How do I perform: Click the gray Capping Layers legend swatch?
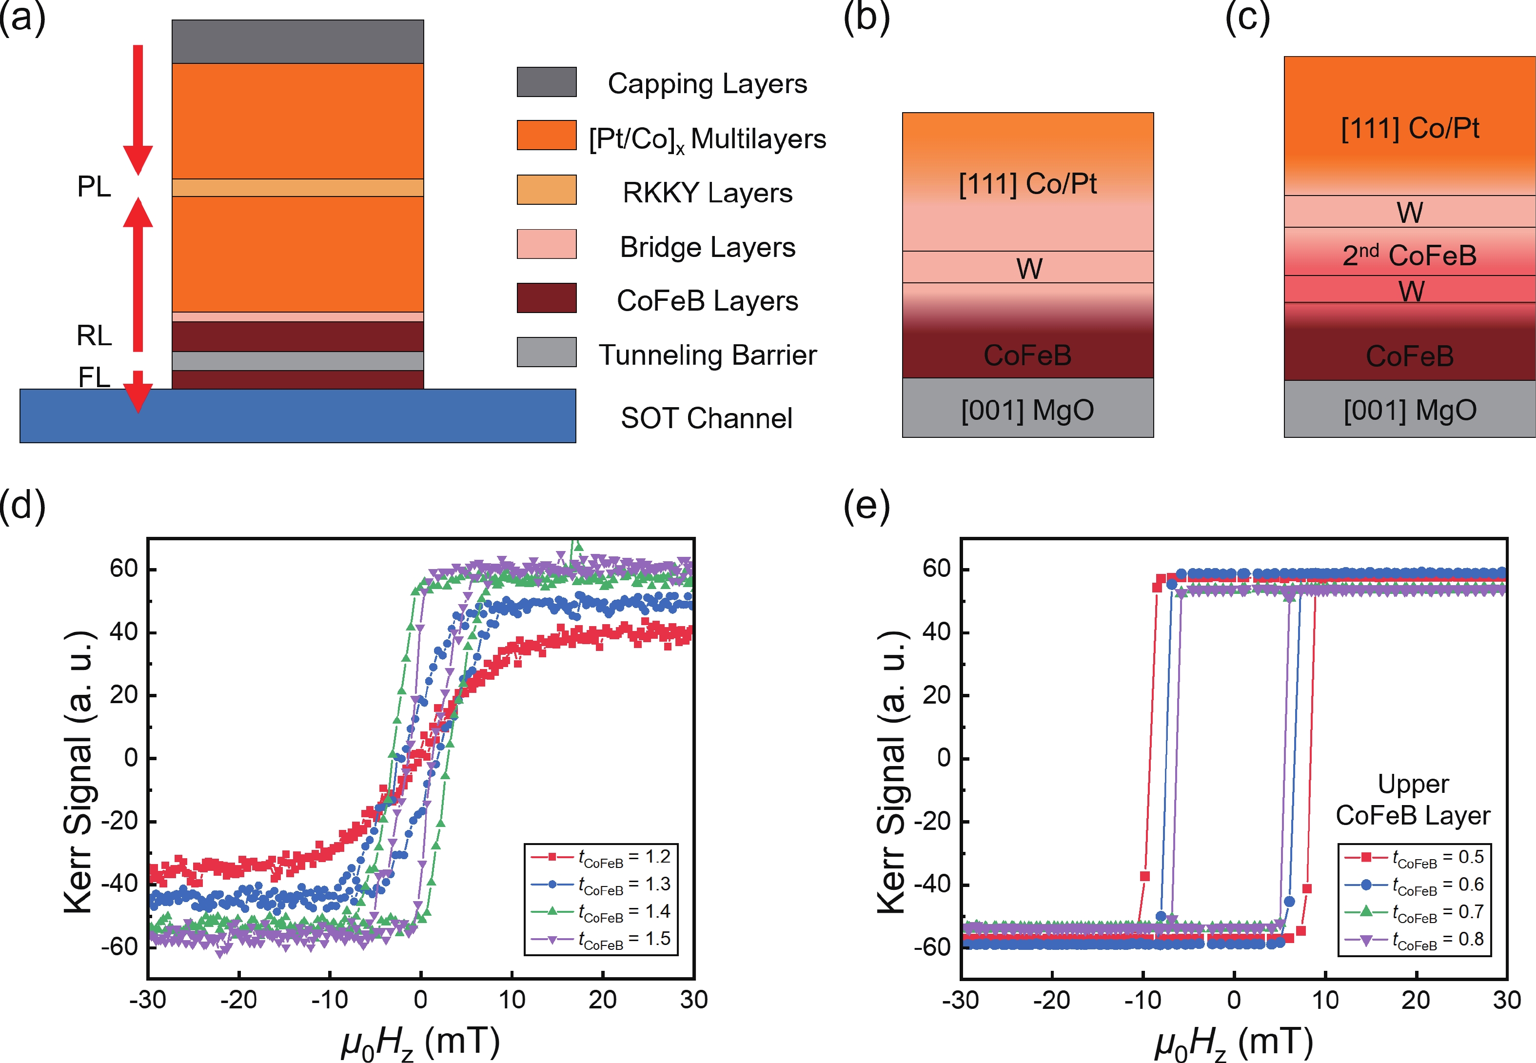pyautogui.click(x=546, y=82)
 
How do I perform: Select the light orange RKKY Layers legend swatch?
pyautogui.click(x=546, y=190)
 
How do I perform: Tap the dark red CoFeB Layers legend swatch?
pyautogui.click(x=546, y=298)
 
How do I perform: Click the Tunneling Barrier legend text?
pyautogui.click(x=708, y=355)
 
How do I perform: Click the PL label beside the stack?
pyautogui.click(x=94, y=186)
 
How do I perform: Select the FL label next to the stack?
pyautogui.click(x=94, y=377)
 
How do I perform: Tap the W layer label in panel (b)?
pyautogui.click(x=1029, y=268)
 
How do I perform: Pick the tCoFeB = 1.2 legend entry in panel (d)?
pyautogui.click(x=600, y=857)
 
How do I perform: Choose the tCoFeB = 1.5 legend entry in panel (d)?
pyautogui.click(x=600, y=939)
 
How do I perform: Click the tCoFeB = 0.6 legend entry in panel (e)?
pyautogui.click(x=1414, y=885)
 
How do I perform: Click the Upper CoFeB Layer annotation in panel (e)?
pyautogui.click(x=1413, y=800)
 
